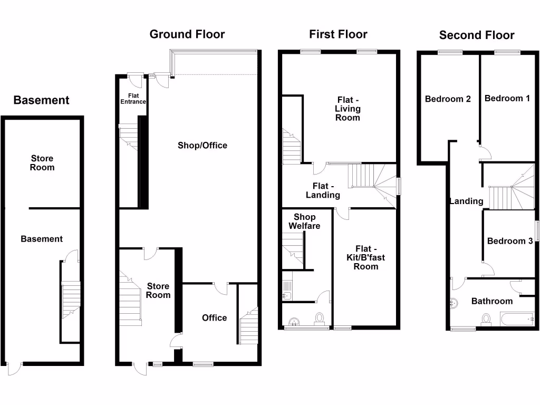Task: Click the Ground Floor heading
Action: pyautogui.click(x=187, y=34)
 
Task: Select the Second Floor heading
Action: pyautogui.click(x=477, y=35)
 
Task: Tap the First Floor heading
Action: pyautogui.click(x=338, y=34)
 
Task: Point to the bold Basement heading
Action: pyautogui.click(x=41, y=100)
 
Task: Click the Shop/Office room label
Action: pyautogui.click(x=202, y=145)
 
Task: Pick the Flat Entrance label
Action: pyautogui.click(x=133, y=98)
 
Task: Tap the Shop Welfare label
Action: pyautogui.click(x=304, y=221)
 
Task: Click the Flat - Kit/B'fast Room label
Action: pyautogui.click(x=366, y=257)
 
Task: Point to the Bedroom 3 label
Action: pyautogui.click(x=510, y=241)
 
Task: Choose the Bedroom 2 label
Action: pyautogui.click(x=448, y=99)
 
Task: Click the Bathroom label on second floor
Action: pyautogui.click(x=491, y=301)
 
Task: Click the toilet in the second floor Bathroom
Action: pyautogui.click(x=486, y=319)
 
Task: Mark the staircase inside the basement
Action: pyautogui.click(x=70, y=301)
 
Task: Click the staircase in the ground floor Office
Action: pyautogui.click(x=248, y=324)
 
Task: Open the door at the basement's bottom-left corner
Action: pyautogui.click(x=15, y=367)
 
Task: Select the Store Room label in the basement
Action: pyautogui.click(x=42, y=163)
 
